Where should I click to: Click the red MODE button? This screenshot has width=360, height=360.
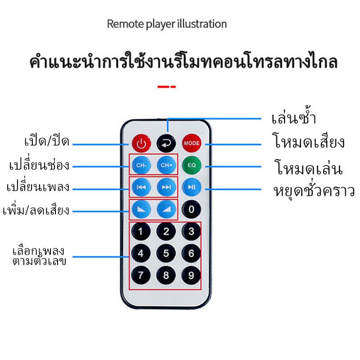(x=192, y=143)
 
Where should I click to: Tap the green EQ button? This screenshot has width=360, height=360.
(x=192, y=165)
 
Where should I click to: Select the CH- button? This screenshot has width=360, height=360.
(x=141, y=165)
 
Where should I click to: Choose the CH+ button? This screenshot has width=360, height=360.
(x=166, y=165)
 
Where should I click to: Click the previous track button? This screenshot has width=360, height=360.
(x=141, y=187)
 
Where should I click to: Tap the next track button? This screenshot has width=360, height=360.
(x=166, y=187)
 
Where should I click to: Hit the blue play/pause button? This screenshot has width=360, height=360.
(x=192, y=187)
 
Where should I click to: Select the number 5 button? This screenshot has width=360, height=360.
(x=166, y=253)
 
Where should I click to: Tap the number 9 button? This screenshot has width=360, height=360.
(x=191, y=275)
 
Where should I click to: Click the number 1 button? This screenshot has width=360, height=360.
(x=141, y=231)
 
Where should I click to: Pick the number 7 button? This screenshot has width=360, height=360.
(x=141, y=275)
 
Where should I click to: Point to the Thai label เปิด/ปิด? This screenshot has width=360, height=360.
(x=47, y=140)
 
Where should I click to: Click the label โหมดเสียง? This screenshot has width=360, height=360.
(x=308, y=141)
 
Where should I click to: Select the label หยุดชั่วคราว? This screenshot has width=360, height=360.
(x=314, y=190)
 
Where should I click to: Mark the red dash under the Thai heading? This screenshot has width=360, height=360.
(x=166, y=87)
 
